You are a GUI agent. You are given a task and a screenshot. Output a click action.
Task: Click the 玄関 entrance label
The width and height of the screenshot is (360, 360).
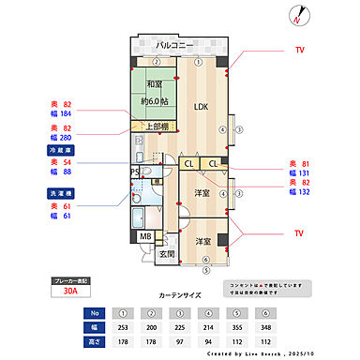point(166,253)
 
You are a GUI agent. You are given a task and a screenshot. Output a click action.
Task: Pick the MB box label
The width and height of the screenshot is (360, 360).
point(145,236)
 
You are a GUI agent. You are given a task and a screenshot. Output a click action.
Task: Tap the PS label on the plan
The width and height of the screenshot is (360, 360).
point(134,172)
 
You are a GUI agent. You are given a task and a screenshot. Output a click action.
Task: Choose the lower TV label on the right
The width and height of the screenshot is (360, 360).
point(299,232)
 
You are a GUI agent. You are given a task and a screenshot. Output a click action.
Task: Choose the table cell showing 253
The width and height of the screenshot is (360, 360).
point(122,328)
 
